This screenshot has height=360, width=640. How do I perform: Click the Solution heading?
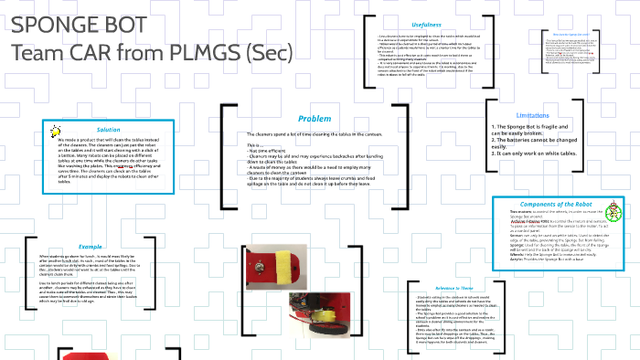click(x=109, y=130)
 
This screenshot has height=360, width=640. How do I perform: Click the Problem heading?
click(x=315, y=119)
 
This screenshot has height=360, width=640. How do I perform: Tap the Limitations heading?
click(x=532, y=115)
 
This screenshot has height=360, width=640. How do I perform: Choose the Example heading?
click(x=90, y=246)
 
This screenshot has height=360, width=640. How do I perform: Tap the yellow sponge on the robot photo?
click(x=272, y=270)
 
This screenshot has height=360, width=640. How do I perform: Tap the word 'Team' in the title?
click(x=36, y=52)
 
